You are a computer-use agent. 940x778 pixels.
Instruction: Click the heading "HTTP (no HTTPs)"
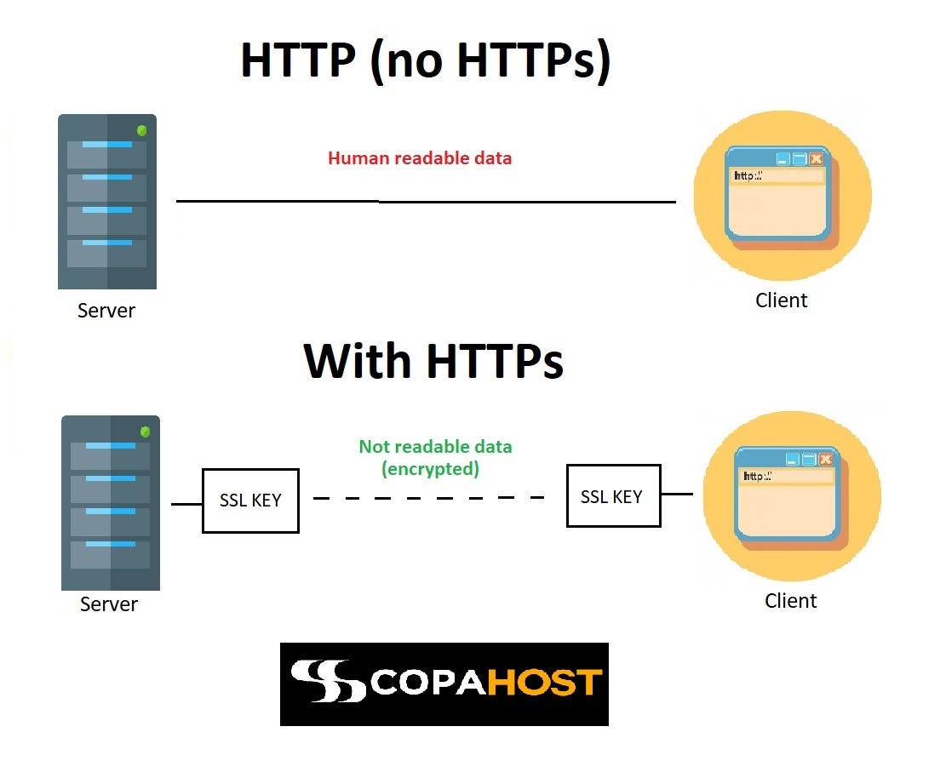(426, 61)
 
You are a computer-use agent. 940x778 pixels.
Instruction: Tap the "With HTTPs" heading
(433, 360)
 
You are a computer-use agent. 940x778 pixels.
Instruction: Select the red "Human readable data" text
(420, 158)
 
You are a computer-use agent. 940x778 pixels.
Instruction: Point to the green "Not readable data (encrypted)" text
(435, 457)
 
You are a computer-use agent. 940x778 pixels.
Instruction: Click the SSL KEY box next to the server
(250, 501)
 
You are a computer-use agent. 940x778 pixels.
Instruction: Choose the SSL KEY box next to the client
(613, 496)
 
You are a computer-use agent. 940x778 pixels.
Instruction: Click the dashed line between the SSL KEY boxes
(429, 497)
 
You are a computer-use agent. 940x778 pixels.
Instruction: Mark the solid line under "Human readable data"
(426, 202)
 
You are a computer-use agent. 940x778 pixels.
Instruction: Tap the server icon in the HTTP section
(107, 202)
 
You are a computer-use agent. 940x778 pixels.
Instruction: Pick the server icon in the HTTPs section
(111, 503)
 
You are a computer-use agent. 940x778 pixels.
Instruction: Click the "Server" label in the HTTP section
(106, 311)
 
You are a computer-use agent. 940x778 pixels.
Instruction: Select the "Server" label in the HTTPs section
(109, 604)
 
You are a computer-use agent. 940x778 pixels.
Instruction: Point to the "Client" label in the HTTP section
(781, 300)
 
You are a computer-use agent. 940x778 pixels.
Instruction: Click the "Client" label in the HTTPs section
(790, 601)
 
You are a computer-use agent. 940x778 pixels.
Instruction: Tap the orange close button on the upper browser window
(816, 159)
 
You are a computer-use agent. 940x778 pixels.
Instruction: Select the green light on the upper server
(142, 130)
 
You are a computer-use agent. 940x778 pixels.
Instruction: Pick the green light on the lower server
(146, 432)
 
